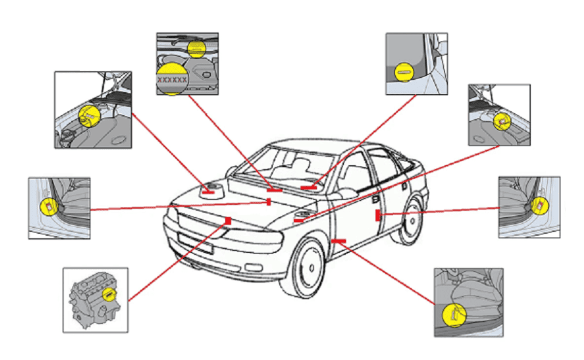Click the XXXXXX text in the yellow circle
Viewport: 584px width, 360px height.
tap(171, 80)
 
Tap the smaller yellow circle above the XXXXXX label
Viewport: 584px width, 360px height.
tap(196, 47)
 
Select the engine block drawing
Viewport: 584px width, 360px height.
tap(93, 298)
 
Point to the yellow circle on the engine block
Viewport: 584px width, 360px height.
tap(111, 296)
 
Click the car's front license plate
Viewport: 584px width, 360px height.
tap(195, 243)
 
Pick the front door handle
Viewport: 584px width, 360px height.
tap(376, 199)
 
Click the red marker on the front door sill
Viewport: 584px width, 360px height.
tap(339, 241)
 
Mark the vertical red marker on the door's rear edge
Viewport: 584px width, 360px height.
tap(377, 215)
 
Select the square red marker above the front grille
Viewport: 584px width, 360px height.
tap(228, 220)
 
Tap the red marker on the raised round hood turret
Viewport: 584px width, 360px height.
tap(208, 192)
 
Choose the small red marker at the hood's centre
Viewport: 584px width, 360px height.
tap(269, 202)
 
